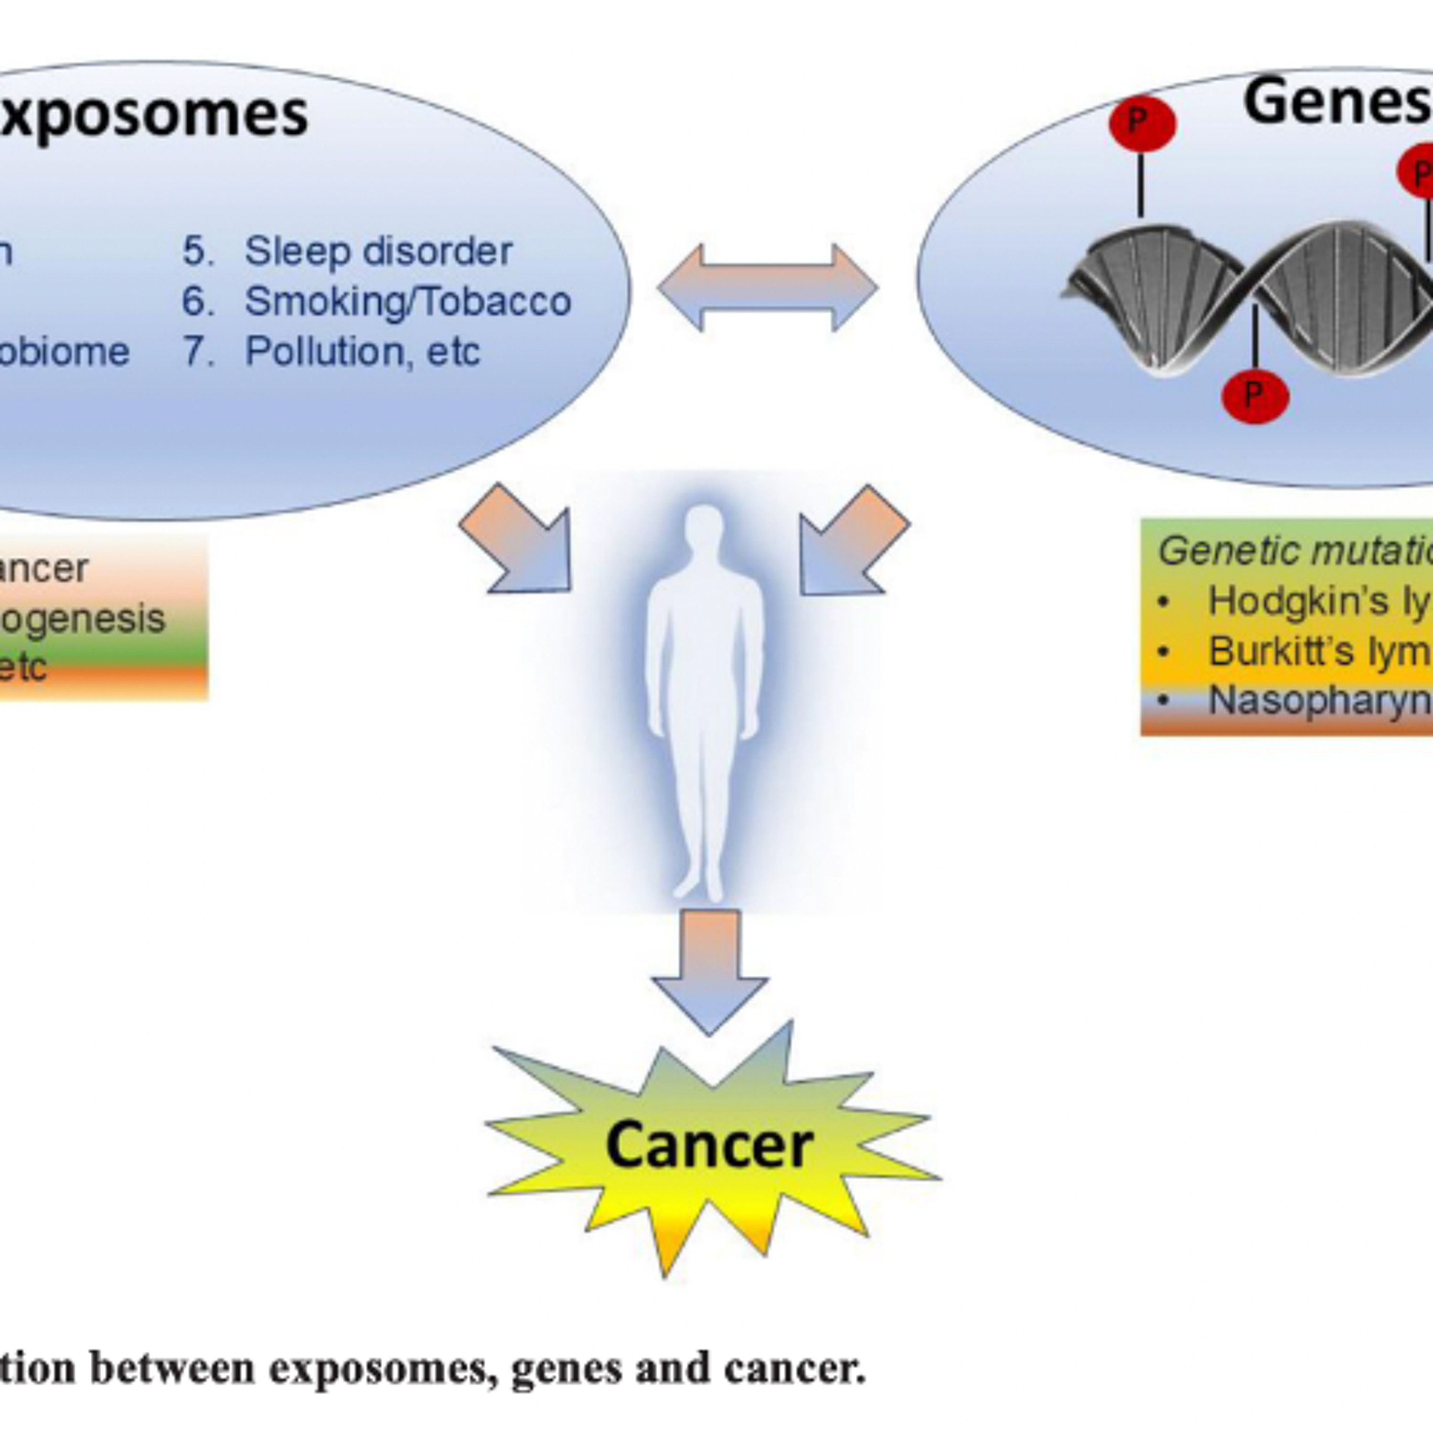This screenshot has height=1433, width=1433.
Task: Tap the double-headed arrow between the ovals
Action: pyautogui.click(x=768, y=287)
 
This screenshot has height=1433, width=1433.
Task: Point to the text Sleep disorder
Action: pyautogui.click(x=378, y=251)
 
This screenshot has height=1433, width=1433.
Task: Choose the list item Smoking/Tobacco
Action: pyautogui.click(x=408, y=301)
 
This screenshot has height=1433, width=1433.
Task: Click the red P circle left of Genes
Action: pyautogui.click(x=1142, y=124)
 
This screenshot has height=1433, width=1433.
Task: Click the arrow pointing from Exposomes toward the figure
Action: pyautogui.click(x=519, y=542)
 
